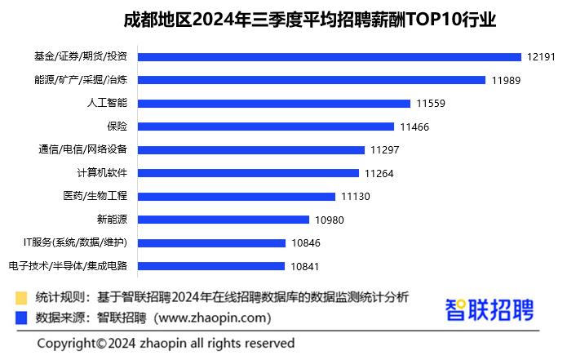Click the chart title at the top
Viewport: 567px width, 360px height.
click(310, 19)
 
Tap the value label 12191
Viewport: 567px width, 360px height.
click(540, 57)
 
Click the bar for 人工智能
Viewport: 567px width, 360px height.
click(274, 104)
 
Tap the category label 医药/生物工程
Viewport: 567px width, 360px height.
click(96, 197)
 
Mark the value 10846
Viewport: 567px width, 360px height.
click(306, 243)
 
